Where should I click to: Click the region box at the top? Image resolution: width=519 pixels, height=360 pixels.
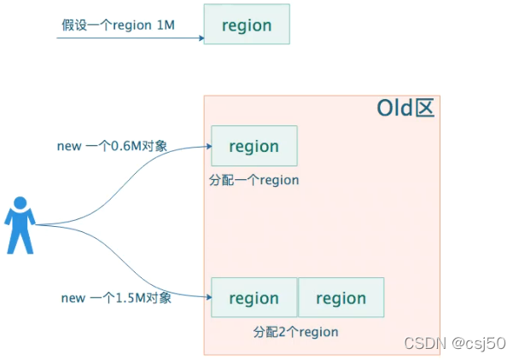pyautogui.click(x=247, y=25)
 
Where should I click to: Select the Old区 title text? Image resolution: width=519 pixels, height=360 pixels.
pyautogui.click(x=405, y=109)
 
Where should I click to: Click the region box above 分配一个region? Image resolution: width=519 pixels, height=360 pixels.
pyautogui.click(x=254, y=146)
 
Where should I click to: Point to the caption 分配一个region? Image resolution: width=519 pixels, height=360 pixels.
pyautogui.click(x=254, y=180)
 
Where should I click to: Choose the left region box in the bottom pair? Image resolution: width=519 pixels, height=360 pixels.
pyautogui.click(x=254, y=298)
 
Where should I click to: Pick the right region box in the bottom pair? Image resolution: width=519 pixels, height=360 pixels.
pyautogui.click(x=341, y=298)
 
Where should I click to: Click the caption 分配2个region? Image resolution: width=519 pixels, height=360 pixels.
pyautogui.click(x=295, y=331)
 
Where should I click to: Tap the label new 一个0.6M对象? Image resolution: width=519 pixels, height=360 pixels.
pyautogui.click(x=112, y=146)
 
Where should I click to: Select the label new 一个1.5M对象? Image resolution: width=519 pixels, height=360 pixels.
pyautogui.click(x=116, y=298)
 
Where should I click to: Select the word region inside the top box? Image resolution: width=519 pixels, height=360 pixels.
pyautogui.click(x=247, y=25)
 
